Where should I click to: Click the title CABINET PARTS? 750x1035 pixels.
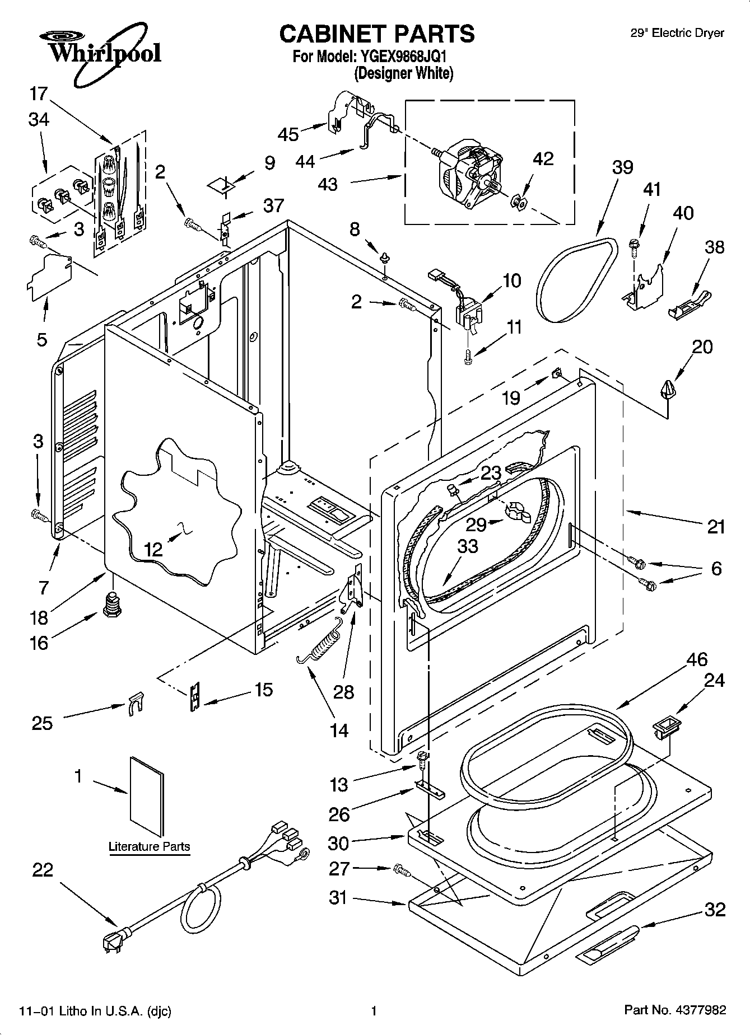pyautogui.click(x=377, y=34)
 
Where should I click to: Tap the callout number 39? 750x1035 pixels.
pyautogui.click(x=622, y=167)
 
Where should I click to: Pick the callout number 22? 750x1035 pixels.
pyautogui.click(x=43, y=870)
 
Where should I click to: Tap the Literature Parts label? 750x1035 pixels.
pyautogui.click(x=149, y=846)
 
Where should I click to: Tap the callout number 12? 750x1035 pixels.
pyautogui.click(x=153, y=549)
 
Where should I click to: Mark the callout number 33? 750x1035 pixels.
pyautogui.click(x=467, y=545)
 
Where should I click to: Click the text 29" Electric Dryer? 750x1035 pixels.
pyautogui.click(x=677, y=33)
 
